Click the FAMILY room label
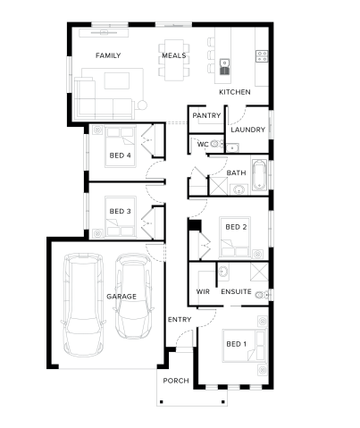pyautogui.click(x=108, y=55)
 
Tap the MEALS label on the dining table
pyautogui.click(x=174, y=55)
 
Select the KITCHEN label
pyautogui.click(x=235, y=92)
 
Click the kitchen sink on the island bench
pyautogui.click(x=224, y=67)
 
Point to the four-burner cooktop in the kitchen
pyautogui.click(x=262, y=56)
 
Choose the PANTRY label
pyautogui.click(x=206, y=115)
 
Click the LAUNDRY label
pyautogui.click(x=247, y=130)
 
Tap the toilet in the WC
pyautogui.click(x=217, y=144)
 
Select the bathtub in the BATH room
pyautogui.click(x=260, y=175)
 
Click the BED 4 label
pyautogui.click(x=120, y=155)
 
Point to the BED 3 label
pyautogui.click(x=120, y=211)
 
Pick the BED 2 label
pyautogui.click(x=236, y=227)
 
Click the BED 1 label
pyautogui.click(x=236, y=344)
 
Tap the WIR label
pyautogui.click(x=203, y=291)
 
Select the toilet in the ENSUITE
pyautogui.click(x=263, y=295)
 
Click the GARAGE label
pyautogui.click(x=121, y=297)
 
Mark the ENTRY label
pyautogui.click(x=180, y=319)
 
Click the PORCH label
pyautogui.click(x=176, y=381)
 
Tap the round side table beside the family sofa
pyautogui.click(x=142, y=105)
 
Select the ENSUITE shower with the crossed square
pyautogui.click(x=259, y=272)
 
